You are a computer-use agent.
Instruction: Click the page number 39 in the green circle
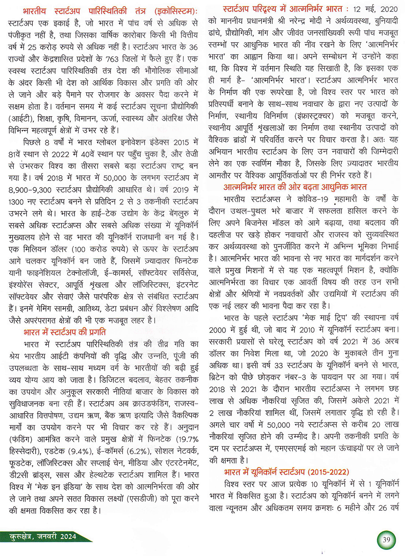tap(386, 539)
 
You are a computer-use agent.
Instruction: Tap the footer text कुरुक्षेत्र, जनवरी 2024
tap(43, 537)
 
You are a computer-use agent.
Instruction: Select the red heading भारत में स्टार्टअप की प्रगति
tap(65, 332)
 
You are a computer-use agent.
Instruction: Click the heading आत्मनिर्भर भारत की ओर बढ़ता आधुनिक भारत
tap(295, 187)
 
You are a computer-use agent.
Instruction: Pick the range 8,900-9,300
tap(30, 189)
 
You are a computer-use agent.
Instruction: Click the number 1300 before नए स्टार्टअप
tap(16, 202)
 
